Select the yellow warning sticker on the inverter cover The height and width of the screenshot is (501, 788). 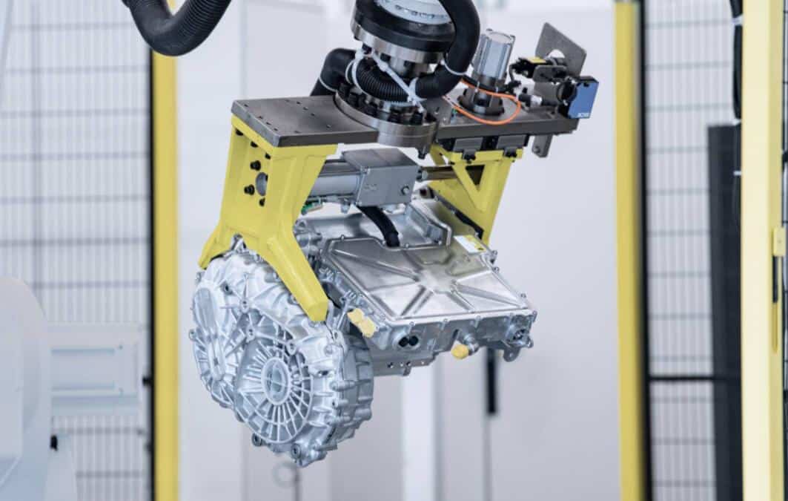coord(469,243)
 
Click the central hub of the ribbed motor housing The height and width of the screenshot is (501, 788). coord(278,385)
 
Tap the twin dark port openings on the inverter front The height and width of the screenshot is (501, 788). coord(407,341)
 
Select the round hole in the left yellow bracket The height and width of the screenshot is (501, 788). coord(260,183)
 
